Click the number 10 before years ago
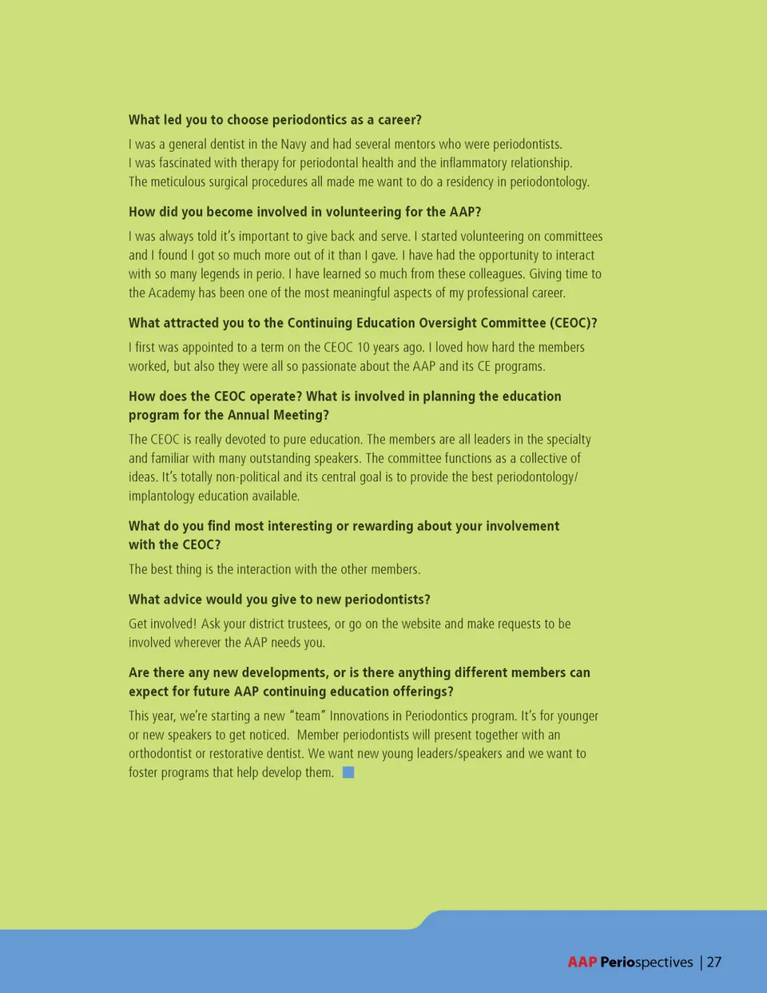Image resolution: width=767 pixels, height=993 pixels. [364, 348]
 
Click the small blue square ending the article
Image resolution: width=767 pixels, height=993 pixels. [348, 772]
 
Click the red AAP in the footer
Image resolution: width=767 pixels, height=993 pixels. [582, 963]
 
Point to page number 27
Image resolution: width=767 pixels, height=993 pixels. [713, 963]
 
